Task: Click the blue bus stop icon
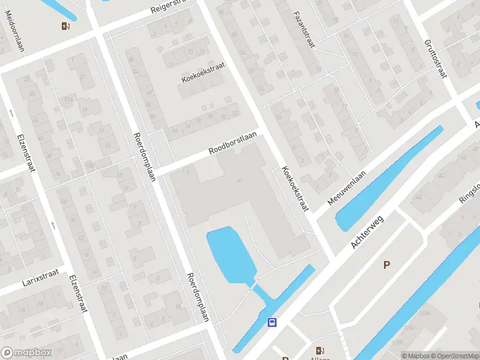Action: pos(272,322)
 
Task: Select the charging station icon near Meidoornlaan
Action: pos(65,26)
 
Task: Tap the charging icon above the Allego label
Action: pos(319,350)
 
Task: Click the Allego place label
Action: pos(319,358)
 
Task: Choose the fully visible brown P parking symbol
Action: pos(387,265)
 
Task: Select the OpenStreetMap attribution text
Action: pos(455,356)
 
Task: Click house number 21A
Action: pos(69,100)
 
